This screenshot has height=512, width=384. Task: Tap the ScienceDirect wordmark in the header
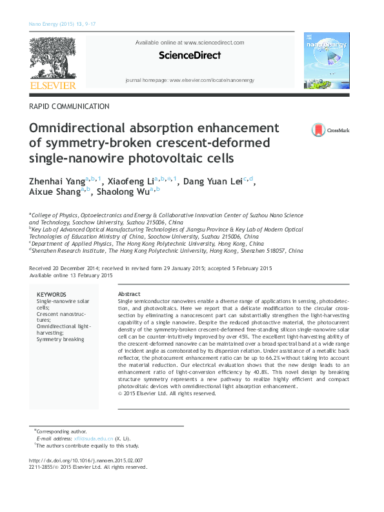pos(189,56)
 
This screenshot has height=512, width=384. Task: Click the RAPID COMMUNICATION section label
pos(69,106)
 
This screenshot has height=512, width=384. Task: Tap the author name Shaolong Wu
pos(123,192)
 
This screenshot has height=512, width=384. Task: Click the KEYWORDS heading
pos(51,294)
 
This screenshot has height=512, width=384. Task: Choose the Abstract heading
pos(129,294)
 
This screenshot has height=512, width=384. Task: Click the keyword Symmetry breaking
pos(60,339)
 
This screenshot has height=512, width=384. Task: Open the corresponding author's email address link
pos(84,438)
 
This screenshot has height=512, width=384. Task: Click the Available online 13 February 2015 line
pos(71,275)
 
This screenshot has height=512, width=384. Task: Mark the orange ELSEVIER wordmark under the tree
pos(52,84)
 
